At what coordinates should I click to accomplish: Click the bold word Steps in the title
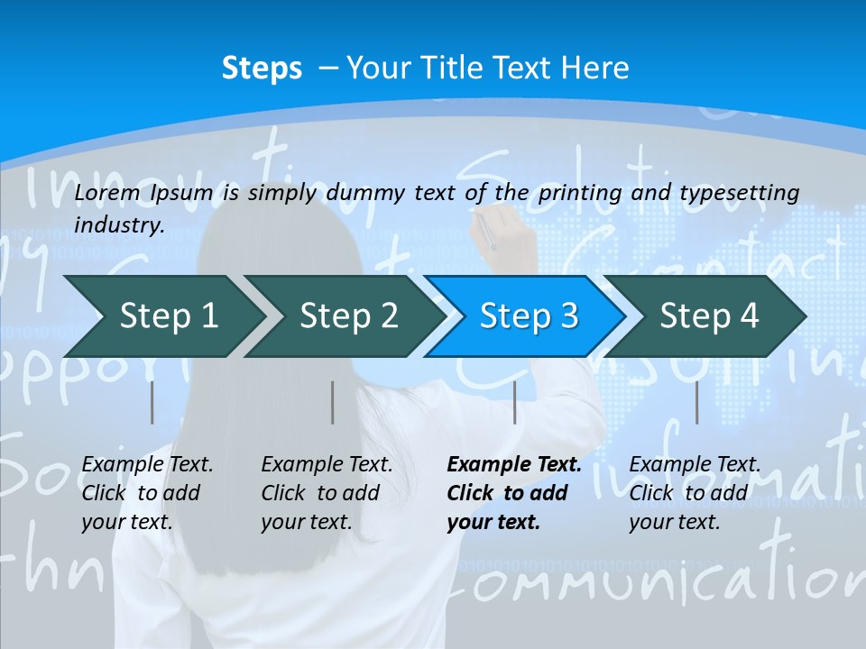(x=262, y=69)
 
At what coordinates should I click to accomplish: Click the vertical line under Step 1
(x=152, y=402)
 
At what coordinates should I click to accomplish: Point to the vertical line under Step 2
(x=333, y=402)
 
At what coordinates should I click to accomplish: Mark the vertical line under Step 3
(x=514, y=402)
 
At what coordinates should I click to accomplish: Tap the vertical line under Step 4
(x=696, y=402)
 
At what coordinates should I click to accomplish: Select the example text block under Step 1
(x=147, y=493)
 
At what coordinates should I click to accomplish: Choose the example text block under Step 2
(x=327, y=493)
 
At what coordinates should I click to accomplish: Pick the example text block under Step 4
(x=695, y=493)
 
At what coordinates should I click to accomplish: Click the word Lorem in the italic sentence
(x=107, y=192)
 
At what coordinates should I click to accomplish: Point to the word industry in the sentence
(x=119, y=224)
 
